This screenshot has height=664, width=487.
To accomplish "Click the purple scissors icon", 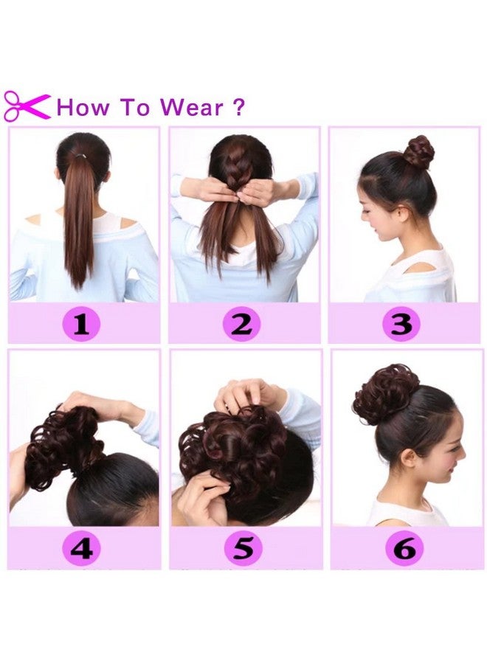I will pyautogui.click(x=27, y=106).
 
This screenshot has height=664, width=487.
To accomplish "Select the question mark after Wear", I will pyautogui.click(x=238, y=108).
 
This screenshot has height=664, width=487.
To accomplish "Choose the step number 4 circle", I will pyautogui.click(x=82, y=547).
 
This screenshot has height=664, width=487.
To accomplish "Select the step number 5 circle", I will pyautogui.click(x=243, y=547).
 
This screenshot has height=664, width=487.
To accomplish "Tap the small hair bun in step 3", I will pyautogui.click(x=418, y=151).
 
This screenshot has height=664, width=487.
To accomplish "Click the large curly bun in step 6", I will pyautogui.click(x=385, y=393).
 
